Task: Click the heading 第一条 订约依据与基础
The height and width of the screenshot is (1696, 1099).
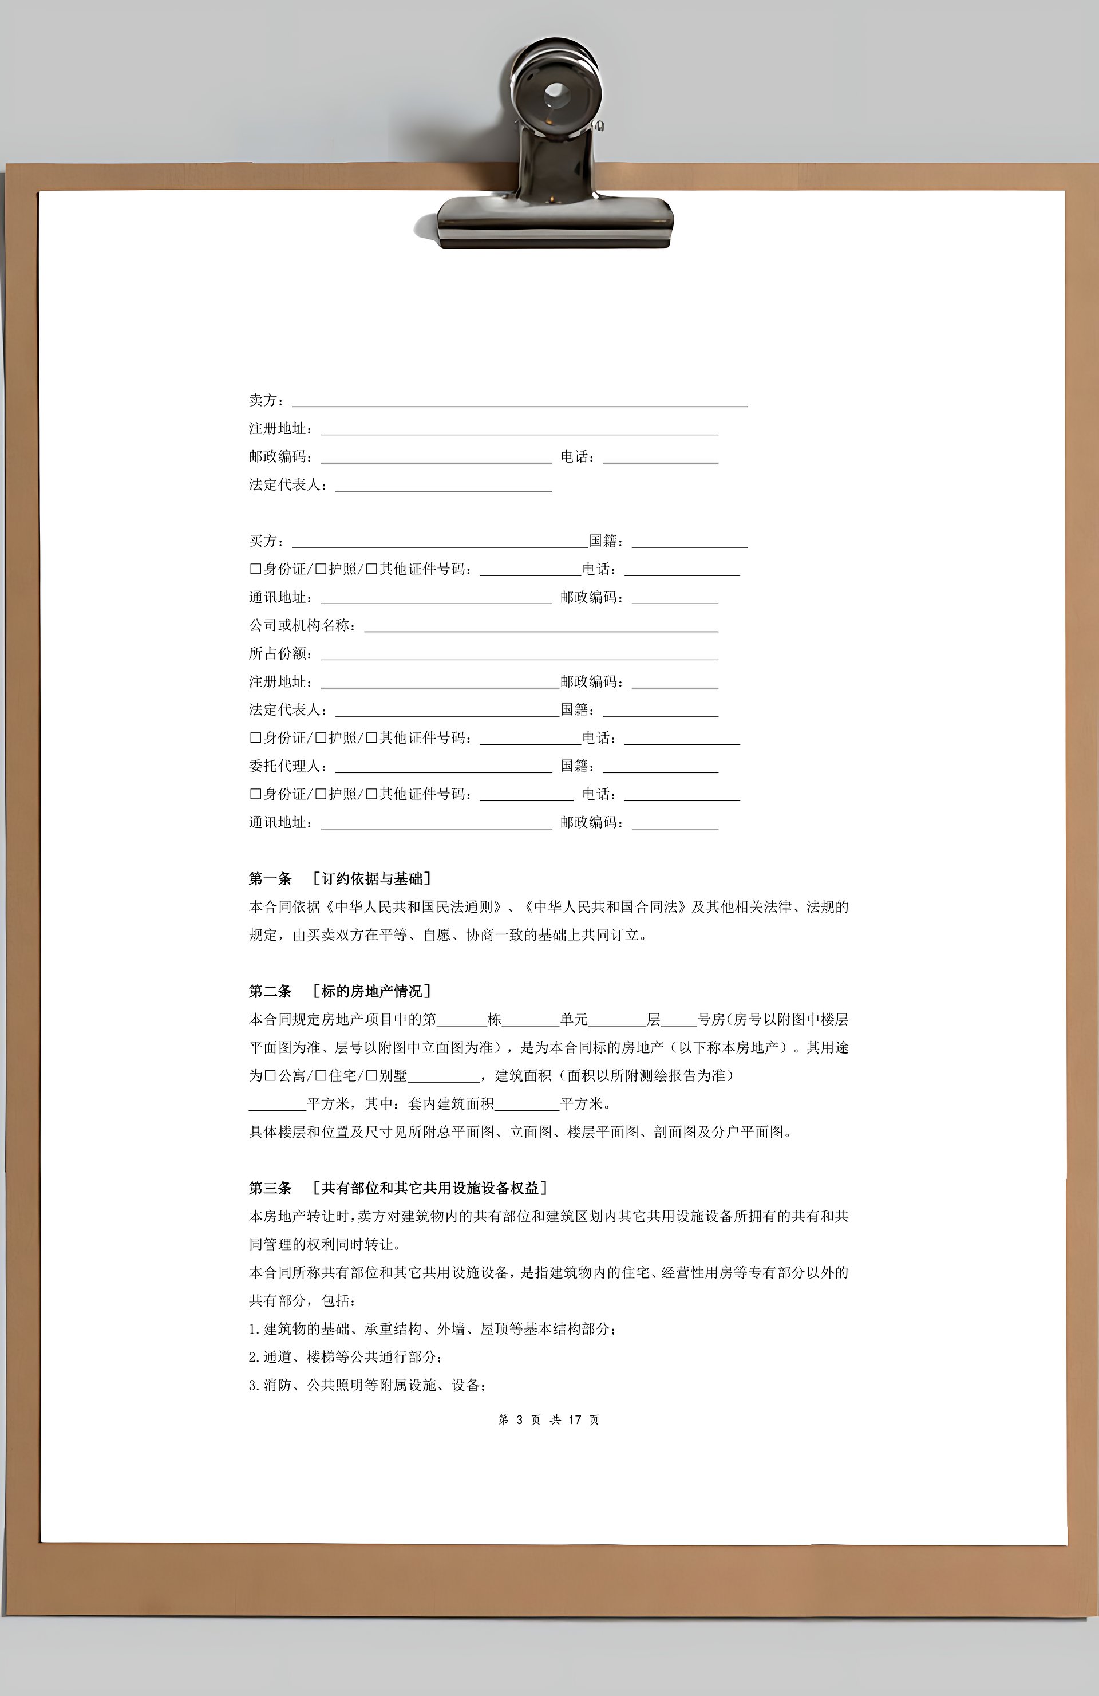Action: (x=340, y=879)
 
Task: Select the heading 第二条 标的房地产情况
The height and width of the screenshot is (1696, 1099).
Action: (x=340, y=991)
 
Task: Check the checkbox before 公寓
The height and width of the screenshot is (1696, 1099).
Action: (x=270, y=1076)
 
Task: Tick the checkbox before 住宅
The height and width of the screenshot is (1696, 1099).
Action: (x=321, y=1076)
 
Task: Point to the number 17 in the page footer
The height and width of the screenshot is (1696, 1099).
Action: (x=575, y=1419)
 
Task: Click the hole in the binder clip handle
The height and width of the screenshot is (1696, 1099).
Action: (x=555, y=93)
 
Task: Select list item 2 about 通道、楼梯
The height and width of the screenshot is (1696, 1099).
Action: (x=349, y=1357)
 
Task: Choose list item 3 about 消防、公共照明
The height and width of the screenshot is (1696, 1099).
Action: (x=367, y=1385)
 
